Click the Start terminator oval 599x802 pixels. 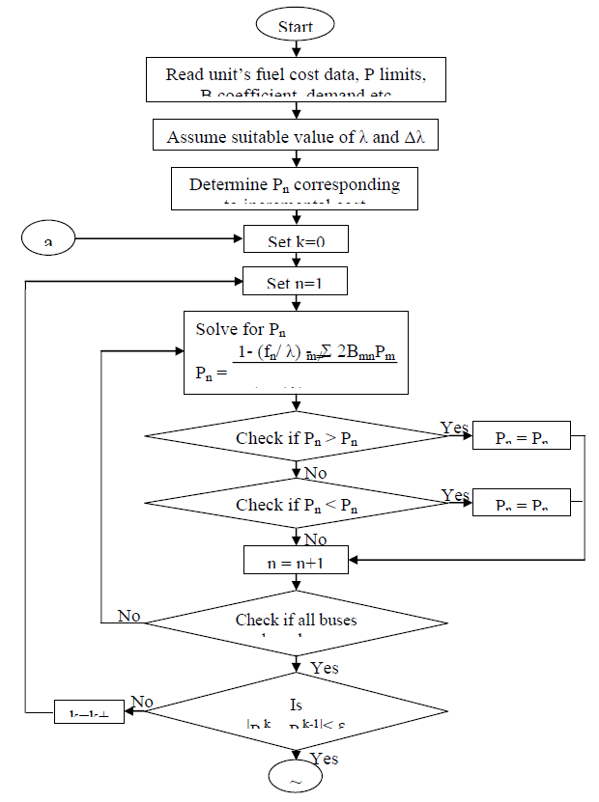(296, 26)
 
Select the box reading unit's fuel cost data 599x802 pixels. (296, 79)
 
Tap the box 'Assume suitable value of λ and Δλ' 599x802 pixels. (296, 136)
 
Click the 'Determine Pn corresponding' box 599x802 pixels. (295, 188)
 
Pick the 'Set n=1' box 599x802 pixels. (296, 284)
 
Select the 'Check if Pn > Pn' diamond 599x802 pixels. (296, 438)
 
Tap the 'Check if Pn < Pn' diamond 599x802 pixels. (296, 504)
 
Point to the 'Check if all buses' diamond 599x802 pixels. (296, 623)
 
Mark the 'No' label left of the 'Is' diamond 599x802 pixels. (142, 703)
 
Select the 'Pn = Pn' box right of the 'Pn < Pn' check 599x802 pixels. (522, 504)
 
